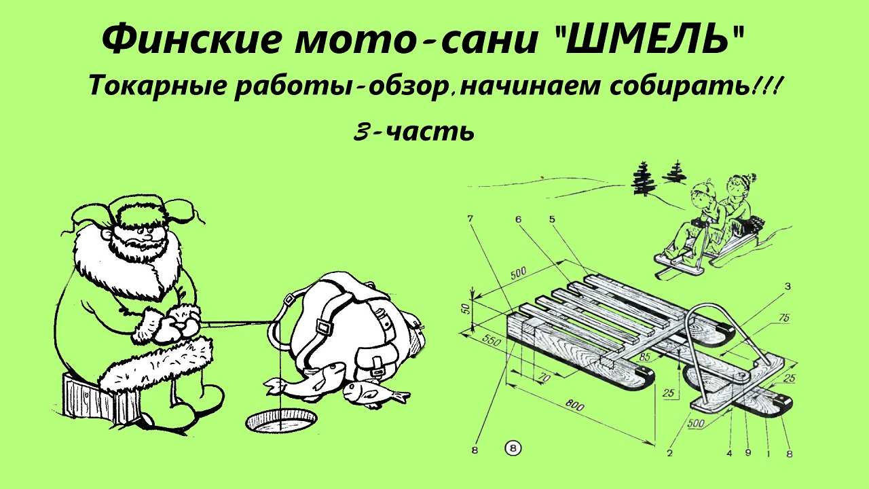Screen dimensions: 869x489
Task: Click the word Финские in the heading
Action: pos(191,40)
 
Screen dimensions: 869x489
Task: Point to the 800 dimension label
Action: pos(574,405)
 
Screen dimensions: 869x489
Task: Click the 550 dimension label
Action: pos(492,341)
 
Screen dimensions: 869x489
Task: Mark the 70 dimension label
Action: pos(545,376)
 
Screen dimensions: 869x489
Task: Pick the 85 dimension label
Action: pos(644,356)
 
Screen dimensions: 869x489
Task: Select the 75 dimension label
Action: pos(784,319)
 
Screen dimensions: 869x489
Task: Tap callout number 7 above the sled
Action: pos(470,219)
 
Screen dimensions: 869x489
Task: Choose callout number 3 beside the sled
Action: pos(787,287)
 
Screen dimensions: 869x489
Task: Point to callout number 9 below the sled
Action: pos(748,452)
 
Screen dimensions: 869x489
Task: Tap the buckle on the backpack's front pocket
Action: pos(376,365)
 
